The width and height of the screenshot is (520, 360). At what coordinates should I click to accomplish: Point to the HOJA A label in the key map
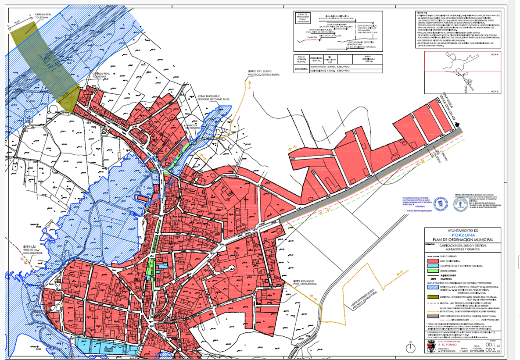pyautogui.click(x=495, y=53)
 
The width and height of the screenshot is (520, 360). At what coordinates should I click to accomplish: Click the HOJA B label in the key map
pyautogui.click(x=495, y=91)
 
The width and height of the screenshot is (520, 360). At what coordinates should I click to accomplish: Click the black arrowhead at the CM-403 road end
pyautogui.click(x=458, y=125)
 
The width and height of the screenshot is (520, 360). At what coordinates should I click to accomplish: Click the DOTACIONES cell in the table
pyautogui.click(x=301, y=69)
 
